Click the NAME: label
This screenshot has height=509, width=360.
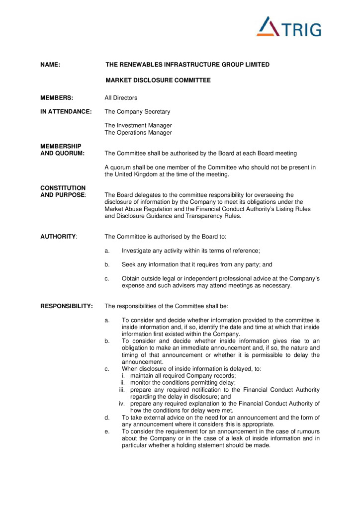[x=50, y=65]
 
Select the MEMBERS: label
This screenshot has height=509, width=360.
[x=57, y=98]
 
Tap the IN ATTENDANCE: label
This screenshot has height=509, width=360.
[x=66, y=112]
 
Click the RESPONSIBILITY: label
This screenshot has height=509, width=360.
[x=66, y=306]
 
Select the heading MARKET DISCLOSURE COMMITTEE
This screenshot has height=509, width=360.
[x=158, y=80]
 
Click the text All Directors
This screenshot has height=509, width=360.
[x=121, y=98]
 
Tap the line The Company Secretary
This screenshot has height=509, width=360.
[x=137, y=112]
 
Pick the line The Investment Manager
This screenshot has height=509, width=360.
[x=138, y=126]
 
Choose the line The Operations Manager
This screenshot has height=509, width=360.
[x=138, y=133]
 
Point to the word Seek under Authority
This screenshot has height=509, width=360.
[x=129, y=264]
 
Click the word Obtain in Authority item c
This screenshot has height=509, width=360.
[x=131, y=278]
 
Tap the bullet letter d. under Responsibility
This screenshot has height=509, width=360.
[x=107, y=418]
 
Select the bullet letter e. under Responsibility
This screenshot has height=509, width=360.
[x=107, y=431]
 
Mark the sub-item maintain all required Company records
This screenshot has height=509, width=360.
[x=183, y=376]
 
